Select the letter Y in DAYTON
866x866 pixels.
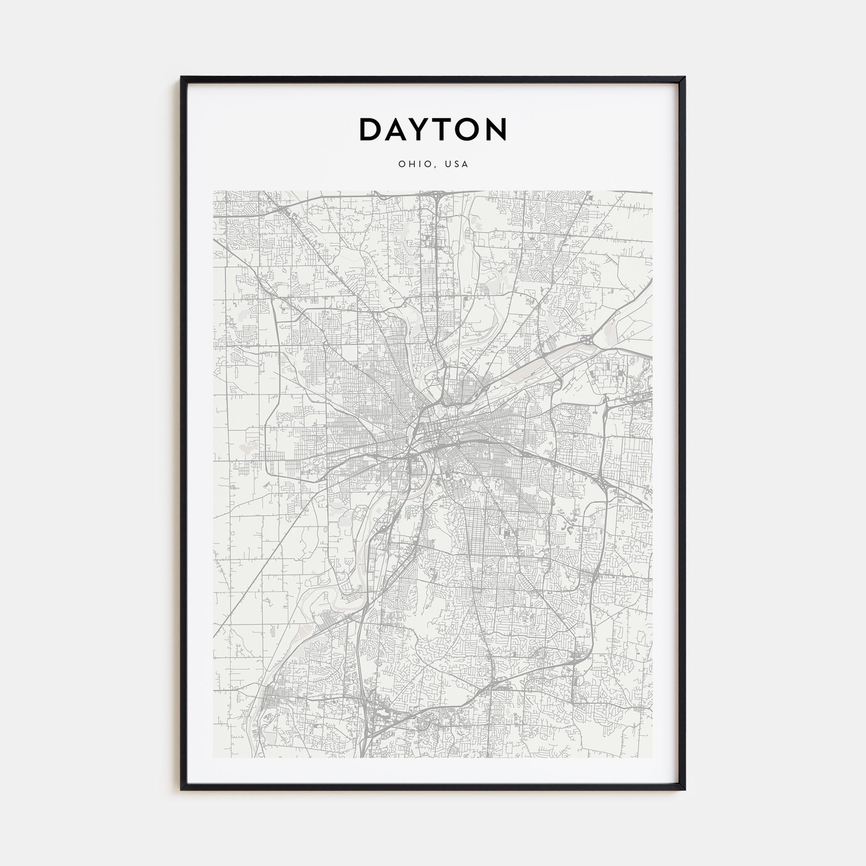point(422,129)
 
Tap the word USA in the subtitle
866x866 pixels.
point(457,164)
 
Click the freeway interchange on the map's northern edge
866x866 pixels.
point(436,196)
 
